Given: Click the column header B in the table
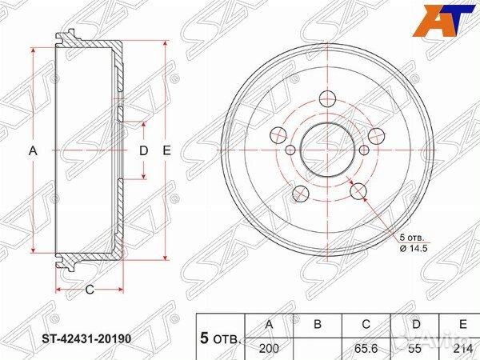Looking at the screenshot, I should tap(317, 325).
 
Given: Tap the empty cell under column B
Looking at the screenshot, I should tap(317, 349).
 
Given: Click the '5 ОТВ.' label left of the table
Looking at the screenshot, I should tap(220, 337).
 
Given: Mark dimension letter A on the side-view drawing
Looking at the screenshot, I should tap(33, 150).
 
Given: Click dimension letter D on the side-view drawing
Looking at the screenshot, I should tap(144, 150).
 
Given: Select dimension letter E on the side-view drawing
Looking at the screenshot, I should tap(166, 150).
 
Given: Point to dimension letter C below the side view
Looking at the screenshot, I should tap(90, 289).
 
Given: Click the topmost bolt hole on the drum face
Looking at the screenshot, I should tap(326, 99).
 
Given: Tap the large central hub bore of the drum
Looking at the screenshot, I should tap(326, 150).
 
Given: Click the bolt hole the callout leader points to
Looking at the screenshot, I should tap(358, 190).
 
